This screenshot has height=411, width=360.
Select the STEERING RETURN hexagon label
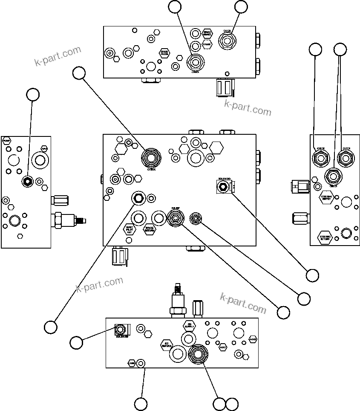[x=326, y=237]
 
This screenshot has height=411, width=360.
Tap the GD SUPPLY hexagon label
[x=189, y=326]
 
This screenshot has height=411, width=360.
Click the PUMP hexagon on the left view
[x=6, y=140]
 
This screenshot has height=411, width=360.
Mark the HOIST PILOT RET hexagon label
[x=130, y=229]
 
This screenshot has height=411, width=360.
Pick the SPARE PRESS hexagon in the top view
[x=164, y=53]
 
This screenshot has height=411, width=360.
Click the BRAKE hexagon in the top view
[x=207, y=44]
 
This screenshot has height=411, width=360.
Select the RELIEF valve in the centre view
[x=175, y=218]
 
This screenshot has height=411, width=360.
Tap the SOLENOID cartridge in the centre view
[x=222, y=187]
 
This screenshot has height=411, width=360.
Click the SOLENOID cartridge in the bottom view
[x=121, y=330]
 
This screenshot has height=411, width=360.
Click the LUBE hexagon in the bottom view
[x=132, y=363]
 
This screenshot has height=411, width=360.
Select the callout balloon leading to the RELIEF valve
[x=283, y=313]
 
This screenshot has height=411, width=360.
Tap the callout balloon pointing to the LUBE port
[x=141, y=403]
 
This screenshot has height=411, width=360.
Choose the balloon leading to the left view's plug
[x=33, y=95]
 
